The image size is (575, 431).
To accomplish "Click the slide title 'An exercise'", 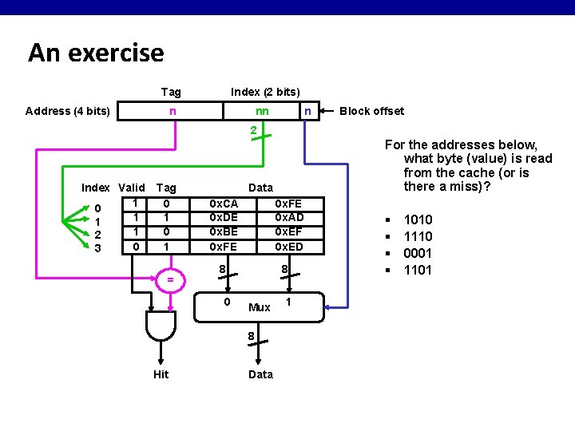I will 96,53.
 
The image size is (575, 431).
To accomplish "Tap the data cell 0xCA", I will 223,204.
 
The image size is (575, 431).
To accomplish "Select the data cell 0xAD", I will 288,218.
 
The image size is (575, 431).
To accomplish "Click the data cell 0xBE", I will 223,232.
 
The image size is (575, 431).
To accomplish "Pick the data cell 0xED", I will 288,247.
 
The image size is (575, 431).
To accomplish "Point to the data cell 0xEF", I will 288,232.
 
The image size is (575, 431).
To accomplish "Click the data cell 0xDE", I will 223,218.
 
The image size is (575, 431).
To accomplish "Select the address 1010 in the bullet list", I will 418,219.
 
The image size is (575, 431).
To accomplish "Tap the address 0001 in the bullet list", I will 418,253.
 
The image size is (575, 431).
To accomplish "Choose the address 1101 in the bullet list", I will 418,270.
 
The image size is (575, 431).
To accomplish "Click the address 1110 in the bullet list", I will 418,236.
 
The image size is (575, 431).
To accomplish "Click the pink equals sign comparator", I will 169,279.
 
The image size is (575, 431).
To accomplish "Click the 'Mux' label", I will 260,307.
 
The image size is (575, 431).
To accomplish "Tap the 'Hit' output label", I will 161,374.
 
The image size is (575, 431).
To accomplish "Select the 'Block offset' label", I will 371,111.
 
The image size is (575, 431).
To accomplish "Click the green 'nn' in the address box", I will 262,111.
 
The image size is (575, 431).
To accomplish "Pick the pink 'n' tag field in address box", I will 172,111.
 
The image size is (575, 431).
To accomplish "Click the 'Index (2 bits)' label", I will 265,92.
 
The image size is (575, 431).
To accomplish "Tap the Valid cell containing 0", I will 137,247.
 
